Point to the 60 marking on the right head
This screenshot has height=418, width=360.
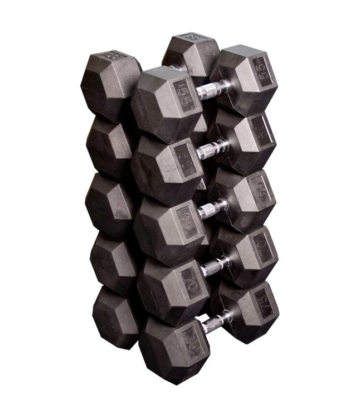(x=261, y=132)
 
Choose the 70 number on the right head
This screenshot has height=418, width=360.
(x=261, y=246)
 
